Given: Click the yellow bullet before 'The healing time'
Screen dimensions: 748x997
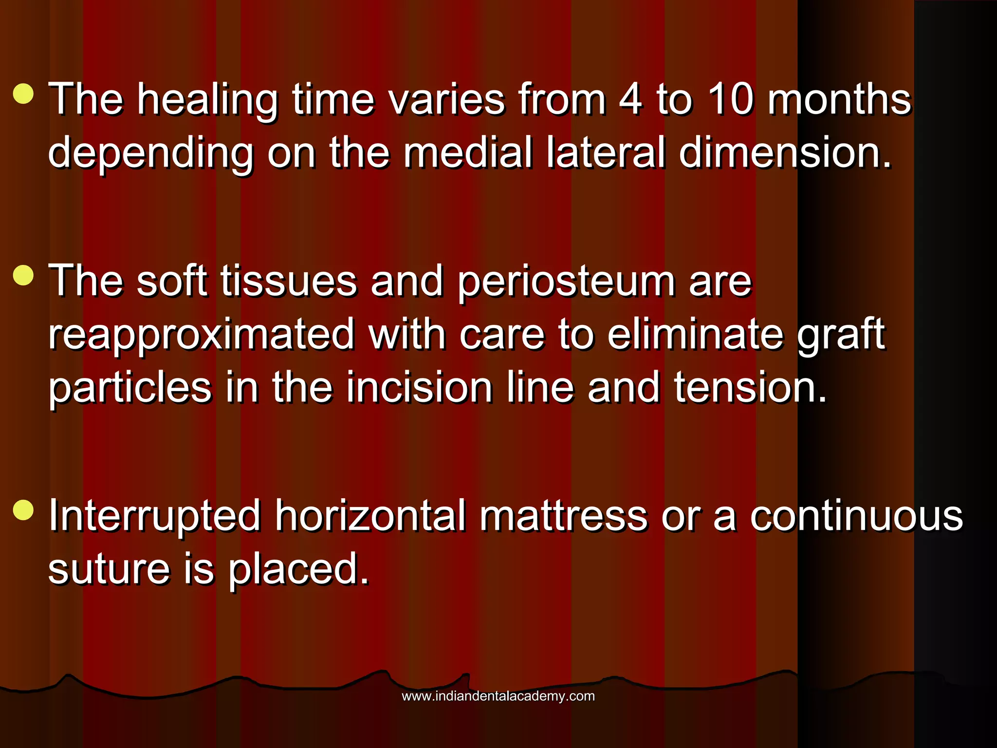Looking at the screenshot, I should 23,93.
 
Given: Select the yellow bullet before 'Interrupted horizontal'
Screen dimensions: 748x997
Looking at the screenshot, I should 23,510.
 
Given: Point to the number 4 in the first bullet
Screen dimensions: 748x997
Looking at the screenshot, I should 630,99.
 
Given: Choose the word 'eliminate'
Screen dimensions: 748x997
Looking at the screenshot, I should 695,334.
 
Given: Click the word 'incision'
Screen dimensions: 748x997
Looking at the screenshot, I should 419,388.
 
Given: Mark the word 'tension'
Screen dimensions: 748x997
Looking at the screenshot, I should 750,388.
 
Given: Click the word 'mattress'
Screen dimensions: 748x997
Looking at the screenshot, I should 563,516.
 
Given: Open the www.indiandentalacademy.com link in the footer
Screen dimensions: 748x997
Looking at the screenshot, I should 498,696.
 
